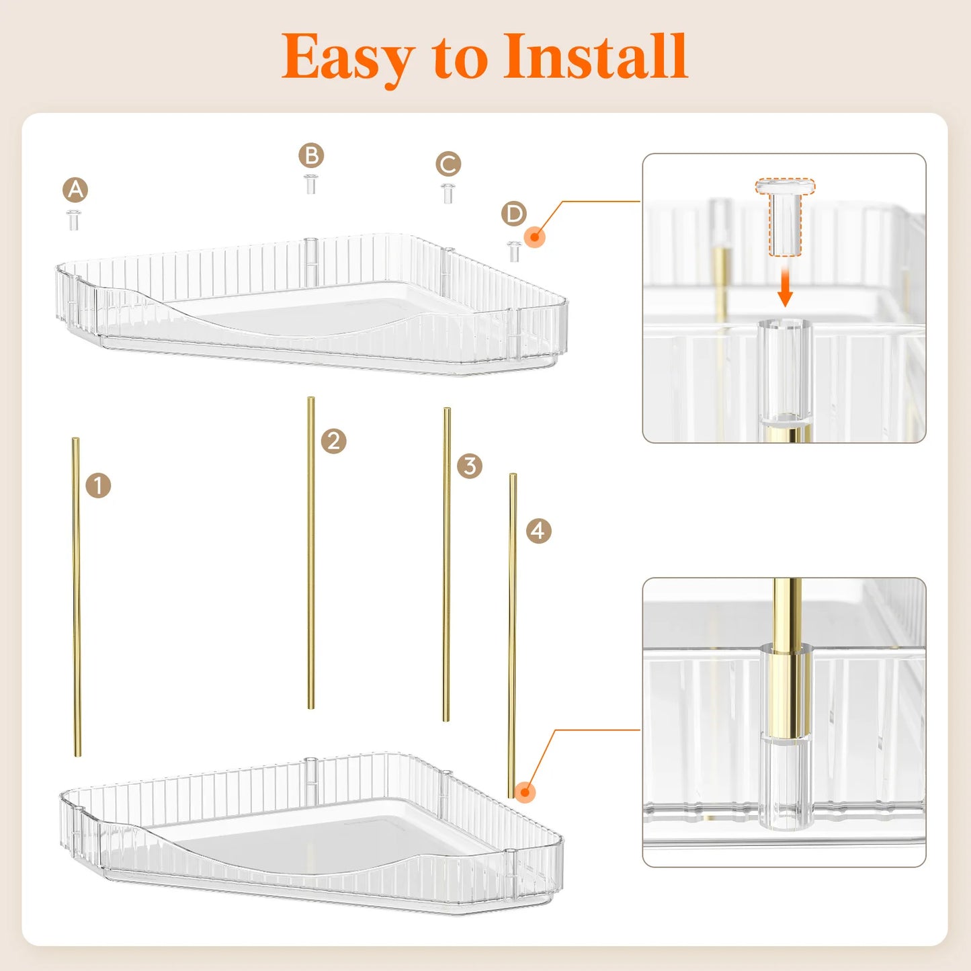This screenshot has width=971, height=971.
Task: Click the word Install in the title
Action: pos(595,57)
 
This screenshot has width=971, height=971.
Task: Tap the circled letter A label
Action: pos(75,190)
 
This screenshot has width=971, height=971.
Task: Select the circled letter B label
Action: pos(311,156)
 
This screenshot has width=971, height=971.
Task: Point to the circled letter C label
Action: pos(448,164)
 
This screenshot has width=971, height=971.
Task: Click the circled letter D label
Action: pos(514,214)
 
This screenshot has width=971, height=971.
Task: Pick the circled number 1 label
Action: pos(98,485)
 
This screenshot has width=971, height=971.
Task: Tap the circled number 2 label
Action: pos(333,441)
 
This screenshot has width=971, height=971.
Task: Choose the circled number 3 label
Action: pos(470,466)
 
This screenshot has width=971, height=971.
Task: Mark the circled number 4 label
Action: pos(538,531)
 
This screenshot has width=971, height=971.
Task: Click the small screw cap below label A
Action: pos(74,220)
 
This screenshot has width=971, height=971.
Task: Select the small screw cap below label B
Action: pos(310,184)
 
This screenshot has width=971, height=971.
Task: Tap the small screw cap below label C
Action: pos(448,193)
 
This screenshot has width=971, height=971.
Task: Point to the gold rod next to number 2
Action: pos(310,552)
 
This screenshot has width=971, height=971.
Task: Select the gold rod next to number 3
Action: pos(446,564)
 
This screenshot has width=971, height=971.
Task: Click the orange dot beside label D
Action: pos(534,237)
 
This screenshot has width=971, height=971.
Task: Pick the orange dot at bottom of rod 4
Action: pos(525,792)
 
